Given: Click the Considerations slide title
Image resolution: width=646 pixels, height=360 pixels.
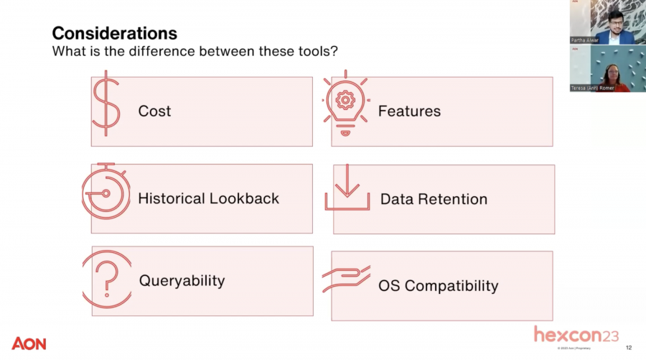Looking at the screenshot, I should [x=115, y=33].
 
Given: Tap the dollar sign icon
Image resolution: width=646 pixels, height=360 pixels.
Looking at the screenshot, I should [x=106, y=103].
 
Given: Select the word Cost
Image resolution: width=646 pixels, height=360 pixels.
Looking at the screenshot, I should [x=154, y=111].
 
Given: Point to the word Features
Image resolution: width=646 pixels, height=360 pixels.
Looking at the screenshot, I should [x=409, y=111].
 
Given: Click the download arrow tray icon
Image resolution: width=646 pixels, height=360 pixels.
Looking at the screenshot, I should [x=347, y=188].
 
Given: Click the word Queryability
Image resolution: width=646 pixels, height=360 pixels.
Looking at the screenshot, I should [x=182, y=280].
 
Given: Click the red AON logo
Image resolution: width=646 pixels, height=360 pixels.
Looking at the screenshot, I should [x=29, y=343].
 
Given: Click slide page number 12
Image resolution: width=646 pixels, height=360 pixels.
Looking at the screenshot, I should [x=629, y=348].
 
